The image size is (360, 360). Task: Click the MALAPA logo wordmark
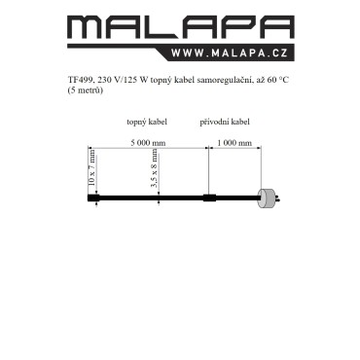[181, 27]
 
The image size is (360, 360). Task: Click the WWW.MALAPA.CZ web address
[230, 54]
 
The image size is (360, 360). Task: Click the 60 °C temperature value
[278, 80]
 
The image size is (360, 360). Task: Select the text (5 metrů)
[85, 90]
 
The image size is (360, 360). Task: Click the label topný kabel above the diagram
[147, 122]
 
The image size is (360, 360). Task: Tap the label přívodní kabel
[225, 122]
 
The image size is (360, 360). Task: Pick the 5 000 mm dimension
[148, 143]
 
